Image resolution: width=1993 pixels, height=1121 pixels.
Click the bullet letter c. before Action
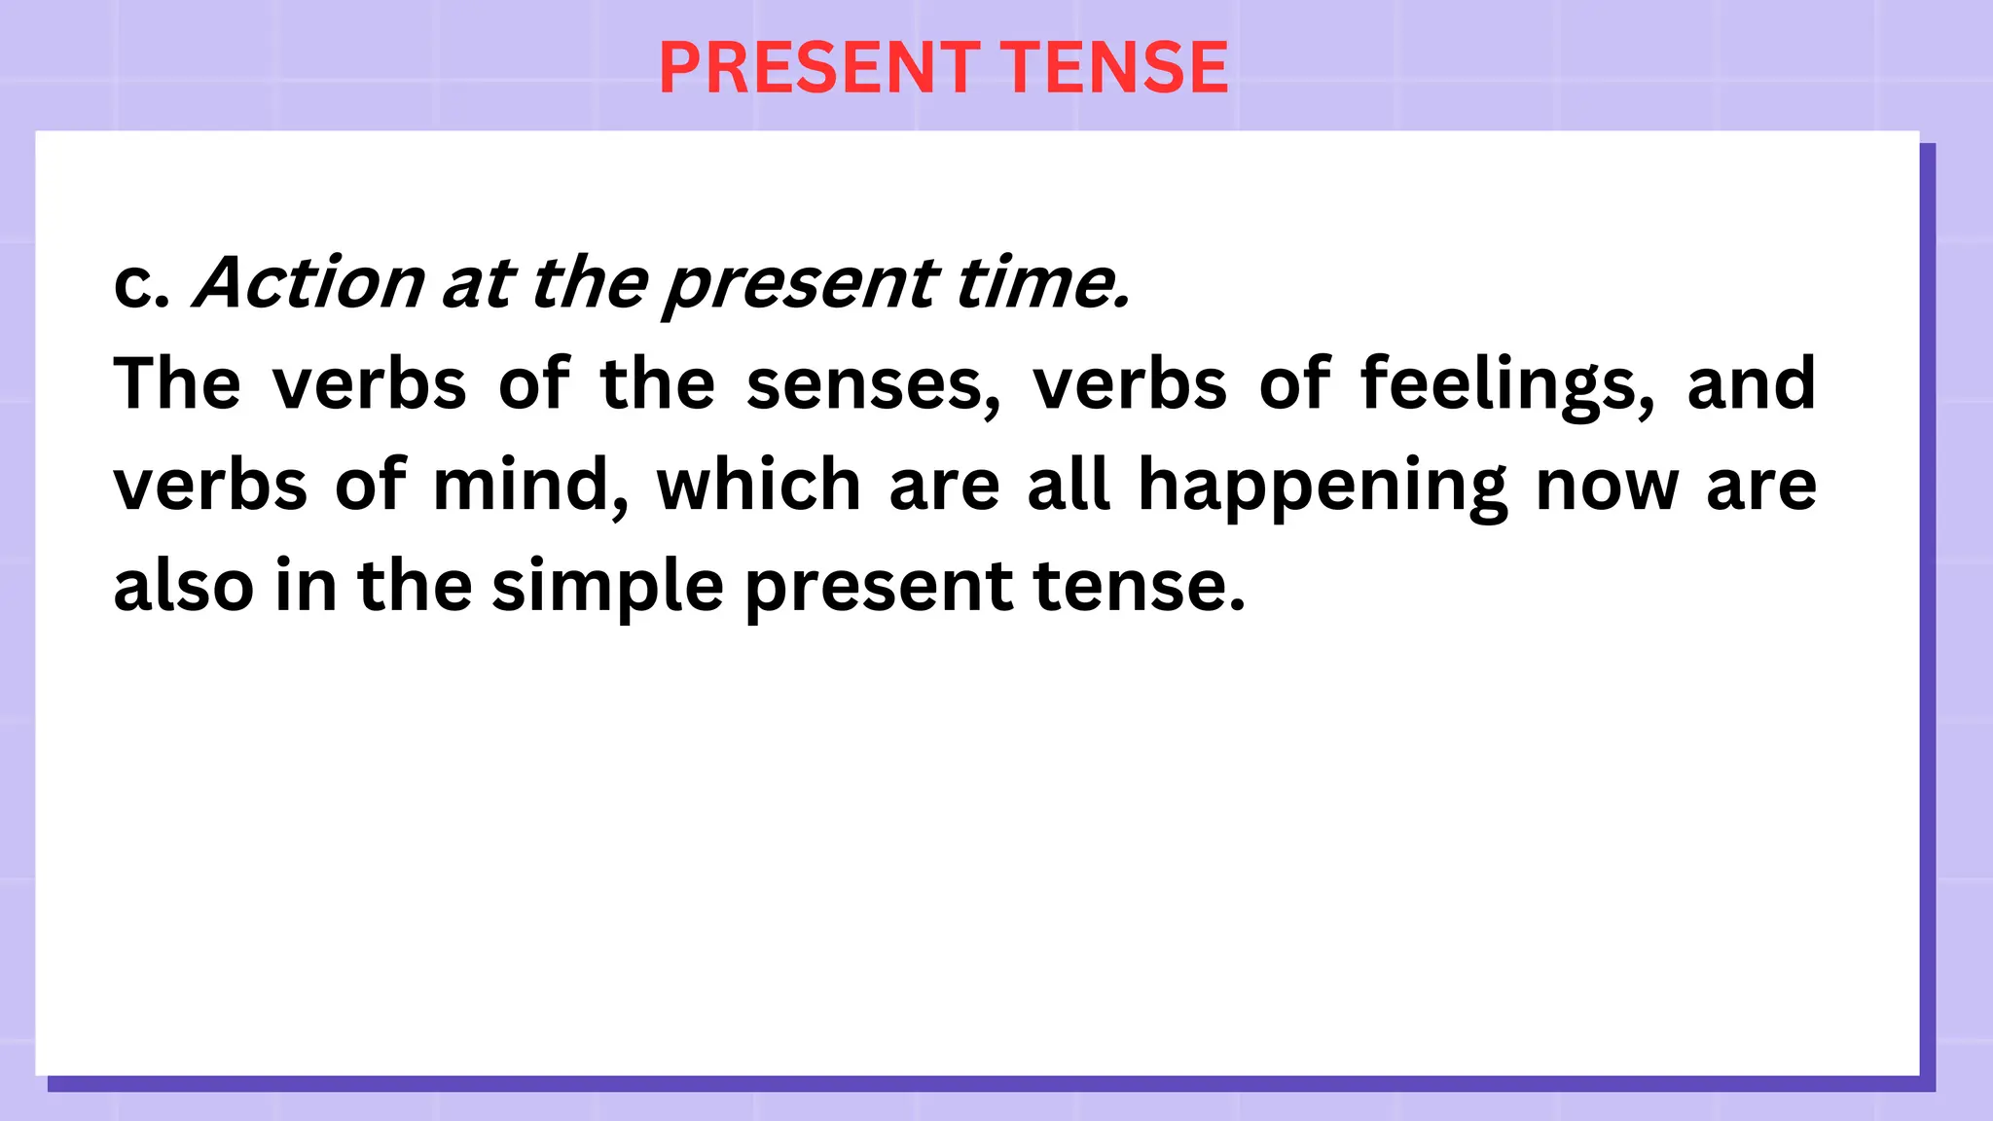[x=142, y=284]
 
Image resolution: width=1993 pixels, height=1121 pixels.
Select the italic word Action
[x=309, y=284]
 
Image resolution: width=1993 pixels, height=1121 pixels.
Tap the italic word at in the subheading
[x=477, y=284]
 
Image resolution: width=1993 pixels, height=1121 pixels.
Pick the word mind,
[x=530, y=487]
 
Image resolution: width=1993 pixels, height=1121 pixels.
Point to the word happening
[x=1323, y=487]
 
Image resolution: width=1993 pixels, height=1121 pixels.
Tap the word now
[x=1607, y=487]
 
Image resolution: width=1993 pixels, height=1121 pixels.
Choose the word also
[x=184, y=586]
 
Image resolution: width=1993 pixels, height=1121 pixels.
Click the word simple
[x=607, y=588]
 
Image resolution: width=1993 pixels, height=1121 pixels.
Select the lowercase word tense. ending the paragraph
[x=1139, y=586]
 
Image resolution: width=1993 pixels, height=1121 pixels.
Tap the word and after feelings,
[x=1751, y=383]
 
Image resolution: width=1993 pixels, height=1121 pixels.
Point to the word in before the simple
[x=306, y=586]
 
